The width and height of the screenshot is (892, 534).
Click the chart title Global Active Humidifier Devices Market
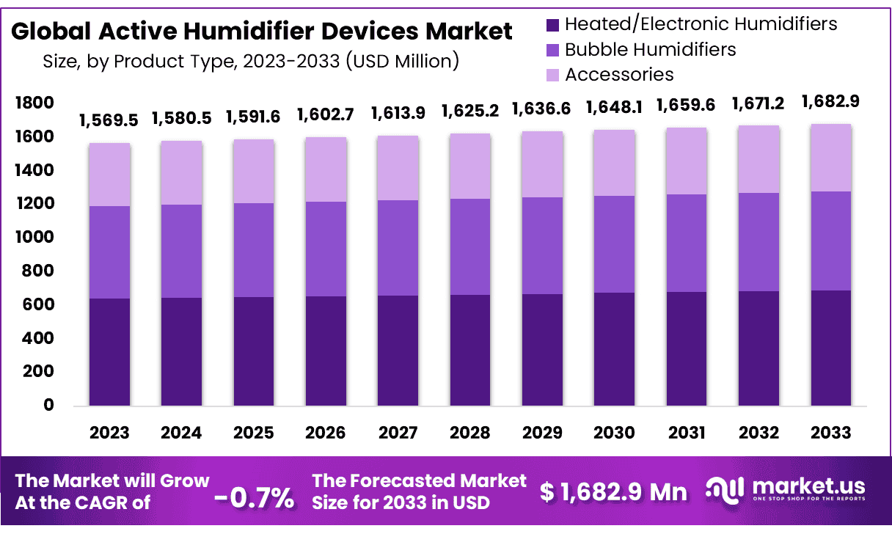click(x=262, y=32)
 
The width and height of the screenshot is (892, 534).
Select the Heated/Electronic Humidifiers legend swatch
click(x=553, y=25)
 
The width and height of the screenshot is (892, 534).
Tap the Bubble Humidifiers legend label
click(x=650, y=49)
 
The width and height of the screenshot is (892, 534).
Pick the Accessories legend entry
click(x=619, y=74)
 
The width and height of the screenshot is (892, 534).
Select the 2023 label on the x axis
click(x=109, y=433)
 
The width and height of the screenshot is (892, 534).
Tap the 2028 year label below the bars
click(x=470, y=433)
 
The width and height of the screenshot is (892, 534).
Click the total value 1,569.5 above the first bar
click(x=109, y=120)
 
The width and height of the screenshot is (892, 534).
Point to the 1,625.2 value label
click(x=470, y=111)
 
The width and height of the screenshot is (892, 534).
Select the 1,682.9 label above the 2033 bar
click(x=831, y=100)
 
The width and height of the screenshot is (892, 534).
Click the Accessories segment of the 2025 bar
click(x=254, y=171)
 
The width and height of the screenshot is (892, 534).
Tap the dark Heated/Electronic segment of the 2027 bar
click(x=398, y=351)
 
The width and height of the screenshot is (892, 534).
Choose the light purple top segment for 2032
click(x=759, y=159)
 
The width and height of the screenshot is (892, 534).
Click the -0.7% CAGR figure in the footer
click(x=254, y=498)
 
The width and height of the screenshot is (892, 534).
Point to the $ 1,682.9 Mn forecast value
click(x=613, y=491)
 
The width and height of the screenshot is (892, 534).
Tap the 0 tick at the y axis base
click(x=48, y=405)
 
